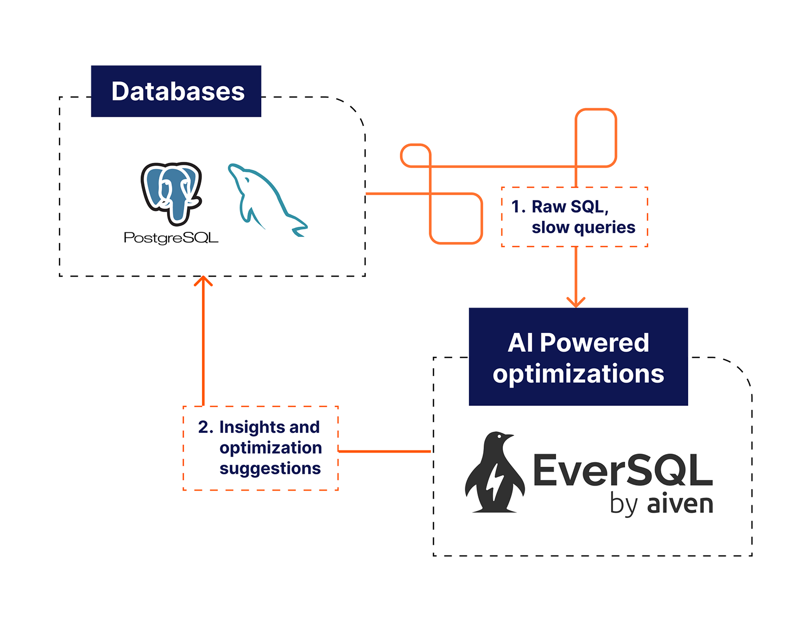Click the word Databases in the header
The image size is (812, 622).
[x=178, y=92]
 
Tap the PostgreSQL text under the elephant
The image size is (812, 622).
[x=171, y=237]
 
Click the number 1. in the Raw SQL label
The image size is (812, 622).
[x=518, y=207]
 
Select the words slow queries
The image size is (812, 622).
[x=583, y=227]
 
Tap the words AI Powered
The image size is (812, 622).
[x=578, y=343]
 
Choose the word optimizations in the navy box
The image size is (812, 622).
[x=578, y=374]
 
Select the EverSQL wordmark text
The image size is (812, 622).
[x=623, y=470]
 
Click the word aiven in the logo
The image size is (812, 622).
[x=680, y=504]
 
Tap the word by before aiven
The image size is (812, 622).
[x=624, y=505]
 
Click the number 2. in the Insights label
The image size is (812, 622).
[x=206, y=427]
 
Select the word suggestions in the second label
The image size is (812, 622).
[x=270, y=468]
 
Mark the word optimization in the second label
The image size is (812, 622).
[x=270, y=448]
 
